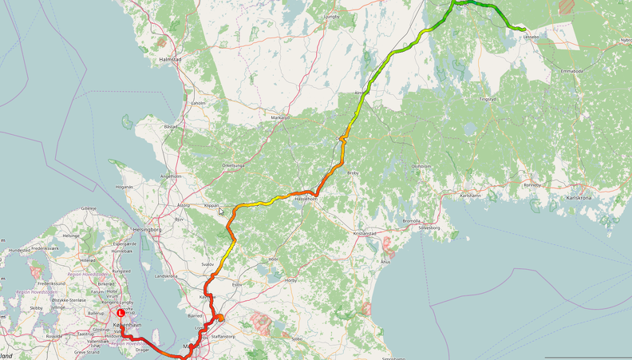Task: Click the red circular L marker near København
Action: pos(120,313)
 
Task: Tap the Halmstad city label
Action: pos(171,60)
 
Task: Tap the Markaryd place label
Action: pos(280,117)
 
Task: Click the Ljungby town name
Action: pos(331,16)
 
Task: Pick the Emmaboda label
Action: pos(573,71)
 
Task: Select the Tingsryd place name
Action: pos(487,99)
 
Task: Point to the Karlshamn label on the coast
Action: pos(471,195)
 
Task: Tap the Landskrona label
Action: pos(166,276)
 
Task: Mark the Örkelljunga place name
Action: pos(233,165)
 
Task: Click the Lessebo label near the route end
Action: pos(531,36)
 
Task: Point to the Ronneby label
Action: pos(531,184)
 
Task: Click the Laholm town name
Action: pos(199,103)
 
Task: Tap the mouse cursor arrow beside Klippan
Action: pos(222,212)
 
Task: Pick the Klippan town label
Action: pos(211,205)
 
